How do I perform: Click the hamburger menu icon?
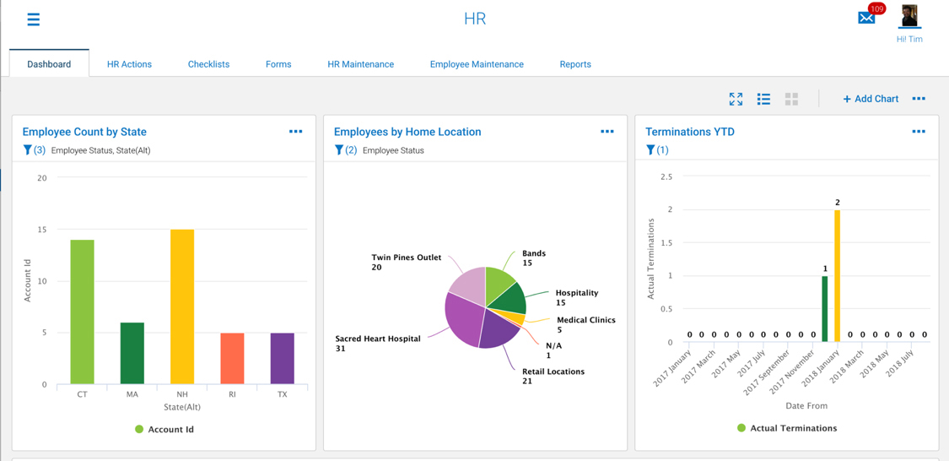(x=33, y=19)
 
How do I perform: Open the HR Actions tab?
(x=129, y=64)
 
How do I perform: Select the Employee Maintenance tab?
(x=477, y=64)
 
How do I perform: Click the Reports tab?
(x=575, y=64)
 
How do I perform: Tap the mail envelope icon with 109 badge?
(x=866, y=17)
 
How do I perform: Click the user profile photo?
(x=909, y=16)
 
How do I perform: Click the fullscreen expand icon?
(x=736, y=99)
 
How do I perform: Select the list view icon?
(x=763, y=99)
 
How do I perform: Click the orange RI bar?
(x=232, y=358)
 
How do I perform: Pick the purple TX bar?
(x=283, y=358)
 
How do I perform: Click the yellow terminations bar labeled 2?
(x=837, y=275)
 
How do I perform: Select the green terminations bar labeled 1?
(x=825, y=308)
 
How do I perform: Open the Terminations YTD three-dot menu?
(x=919, y=132)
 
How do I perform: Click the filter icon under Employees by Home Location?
(x=339, y=150)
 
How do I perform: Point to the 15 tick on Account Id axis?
(x=41, y=230)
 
